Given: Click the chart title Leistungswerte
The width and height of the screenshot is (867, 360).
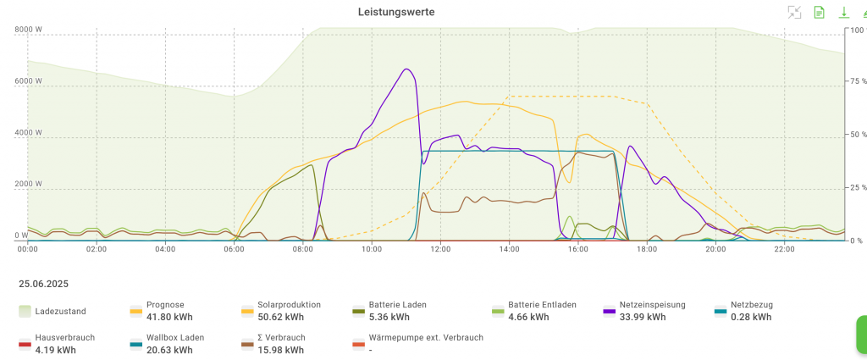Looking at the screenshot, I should tap(396, 12).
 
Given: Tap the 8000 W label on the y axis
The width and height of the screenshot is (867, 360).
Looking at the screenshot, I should tap(28, 30).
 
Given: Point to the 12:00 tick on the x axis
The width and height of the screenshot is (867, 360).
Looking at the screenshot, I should tap(439, 249).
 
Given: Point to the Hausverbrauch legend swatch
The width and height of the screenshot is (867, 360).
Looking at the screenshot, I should tap(26, 344).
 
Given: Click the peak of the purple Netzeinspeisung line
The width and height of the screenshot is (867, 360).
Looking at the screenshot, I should tap(407, 69).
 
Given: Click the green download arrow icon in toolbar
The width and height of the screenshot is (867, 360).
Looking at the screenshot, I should tap(843, 12).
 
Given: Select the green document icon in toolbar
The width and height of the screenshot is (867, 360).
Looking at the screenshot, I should tap(819, 12).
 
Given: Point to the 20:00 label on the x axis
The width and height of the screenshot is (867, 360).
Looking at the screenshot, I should tap(715, 249).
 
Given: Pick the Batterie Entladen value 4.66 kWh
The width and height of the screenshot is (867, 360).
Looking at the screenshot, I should tap(528, 318).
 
